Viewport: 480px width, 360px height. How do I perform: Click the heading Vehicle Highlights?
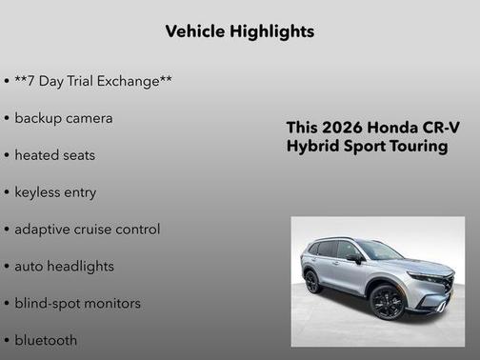point(239,31)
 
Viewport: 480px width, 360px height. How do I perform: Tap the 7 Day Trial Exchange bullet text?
point(93,81)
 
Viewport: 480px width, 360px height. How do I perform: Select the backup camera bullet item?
point(63,118)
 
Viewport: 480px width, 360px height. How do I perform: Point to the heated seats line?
point(54,155)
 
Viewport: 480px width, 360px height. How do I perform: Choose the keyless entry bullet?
point(55,192)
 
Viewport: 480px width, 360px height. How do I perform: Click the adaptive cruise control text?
point(87,230)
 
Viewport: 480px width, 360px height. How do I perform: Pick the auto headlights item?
point(64,267)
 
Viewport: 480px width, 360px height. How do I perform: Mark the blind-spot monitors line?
point(77,304)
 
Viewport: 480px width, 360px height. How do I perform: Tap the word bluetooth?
point(46,340)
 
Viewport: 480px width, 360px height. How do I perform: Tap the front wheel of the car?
point(388,303)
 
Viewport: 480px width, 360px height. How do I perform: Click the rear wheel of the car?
point(311,282)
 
